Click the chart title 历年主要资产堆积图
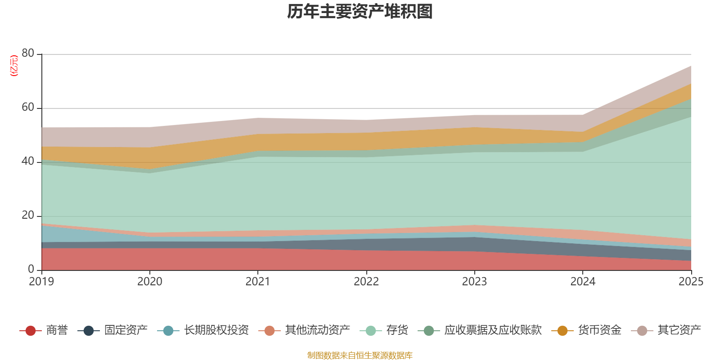pos(360,12)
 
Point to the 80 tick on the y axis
pos(28,53)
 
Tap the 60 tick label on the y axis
pos(28,107)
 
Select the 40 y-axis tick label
pos(28,161)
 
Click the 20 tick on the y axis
pos(28,215)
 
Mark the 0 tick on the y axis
pos(31,269)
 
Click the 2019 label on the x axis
pos(41,282)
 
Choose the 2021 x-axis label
pos(258,282)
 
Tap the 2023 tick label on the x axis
pos(474,282)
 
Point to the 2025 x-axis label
pos(691,282)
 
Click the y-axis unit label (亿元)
pos(14,66)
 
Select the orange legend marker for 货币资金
pos(562,331)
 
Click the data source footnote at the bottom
pos(360,355)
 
